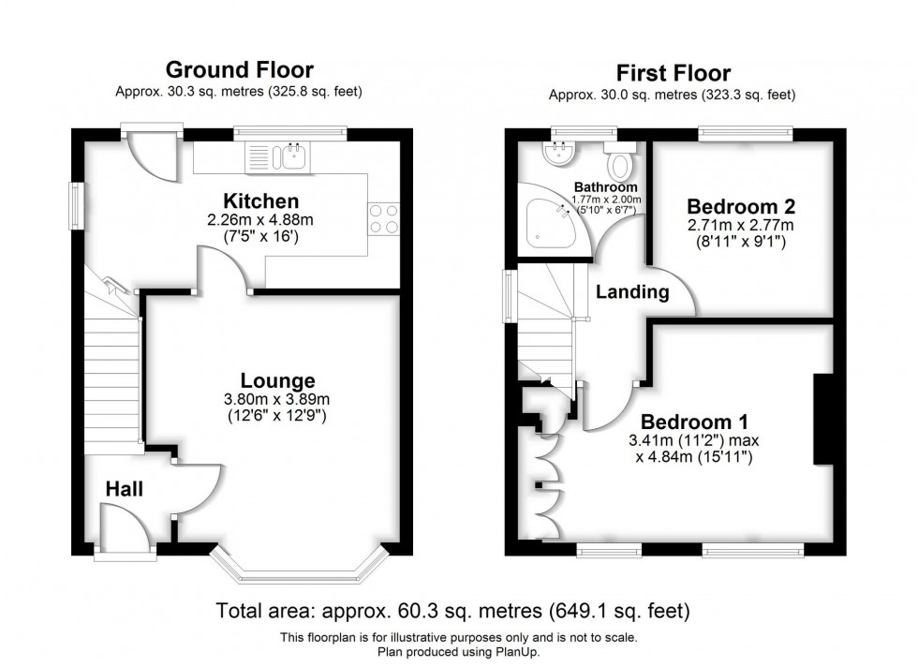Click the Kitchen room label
[260, 201]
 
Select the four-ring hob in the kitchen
[384, 218]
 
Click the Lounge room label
[277, 380]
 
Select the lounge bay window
[298, 566]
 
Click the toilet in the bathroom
[619, 165]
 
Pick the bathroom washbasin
[560, 153]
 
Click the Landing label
[633, 292]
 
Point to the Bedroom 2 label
[733, 207]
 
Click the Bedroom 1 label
[693, 422]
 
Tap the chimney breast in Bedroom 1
[823, 419]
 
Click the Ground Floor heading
[239, 70]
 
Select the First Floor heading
[673, 73]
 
